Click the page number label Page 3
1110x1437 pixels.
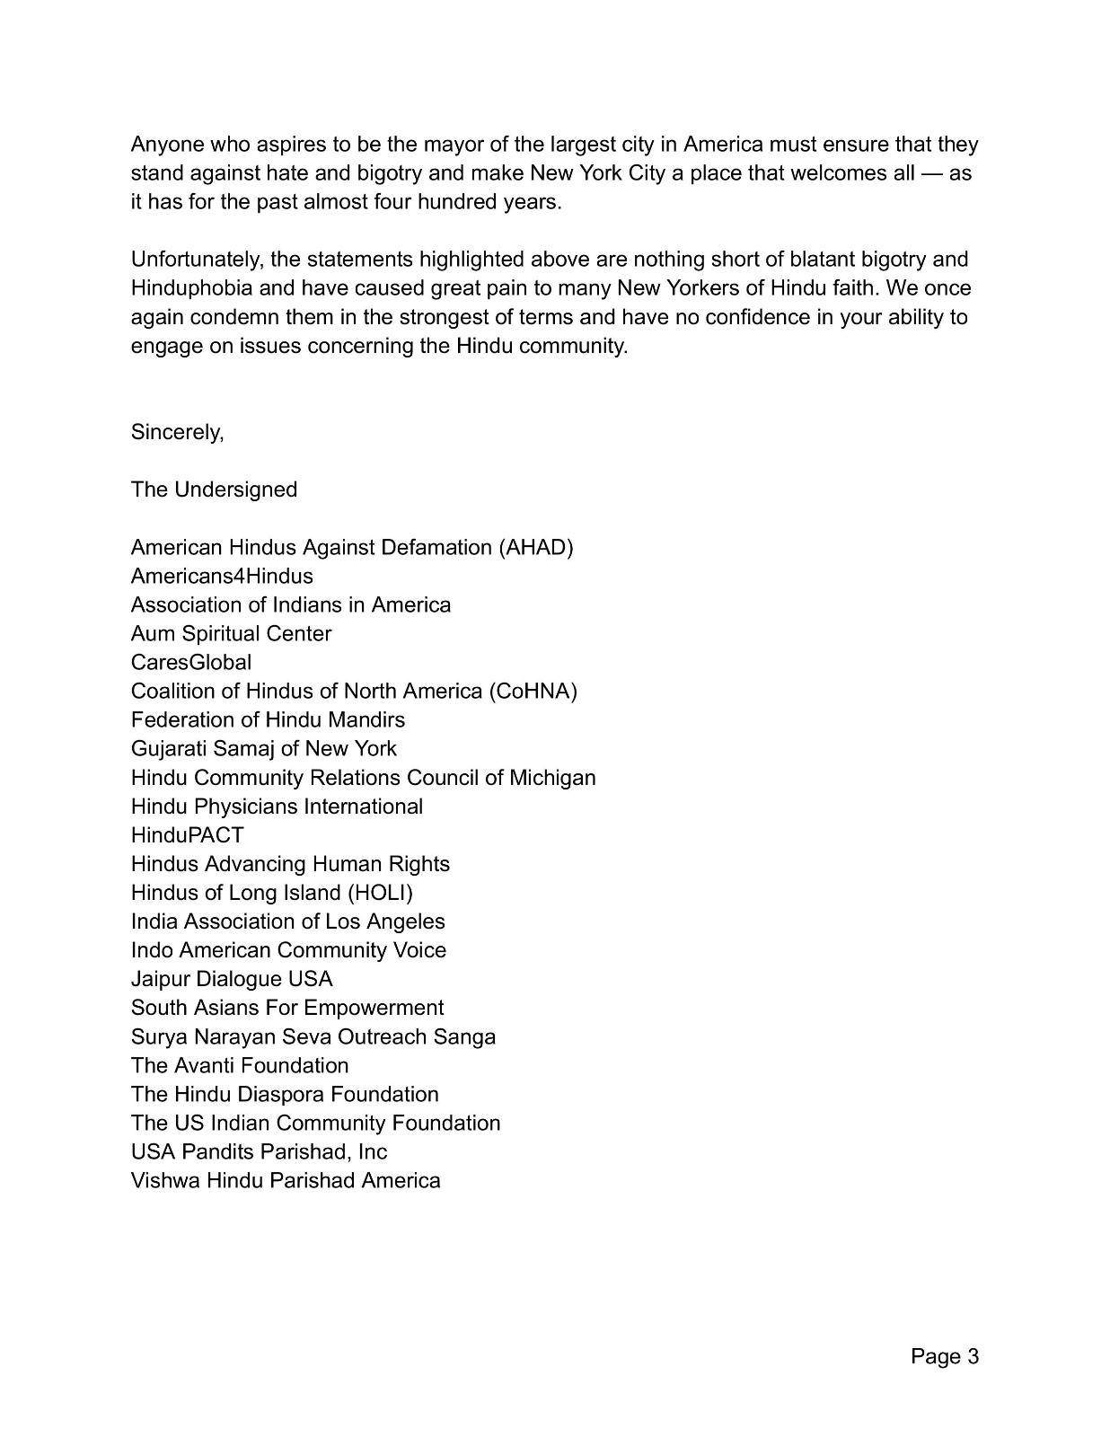[x=944, y=1356]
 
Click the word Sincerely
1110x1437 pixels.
[x=177, y=432]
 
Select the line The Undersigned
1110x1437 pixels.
[x=214, y=489]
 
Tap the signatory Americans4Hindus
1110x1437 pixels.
[x=222, y=576]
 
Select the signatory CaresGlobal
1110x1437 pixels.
[x=191, y=662]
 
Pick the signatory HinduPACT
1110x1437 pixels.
[x=188, y=834]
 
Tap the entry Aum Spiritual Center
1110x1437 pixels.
[x=231, y=633]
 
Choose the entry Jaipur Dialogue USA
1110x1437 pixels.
[x=232, y=978]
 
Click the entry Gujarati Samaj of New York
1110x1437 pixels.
[x=263, y=748]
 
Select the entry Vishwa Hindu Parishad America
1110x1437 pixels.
[x=286, y=1180]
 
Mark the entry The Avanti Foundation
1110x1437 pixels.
[x=240, y=1065]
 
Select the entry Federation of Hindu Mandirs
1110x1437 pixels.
[x=268, y=719]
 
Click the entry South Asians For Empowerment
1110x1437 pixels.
[x=287, y=1008]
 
